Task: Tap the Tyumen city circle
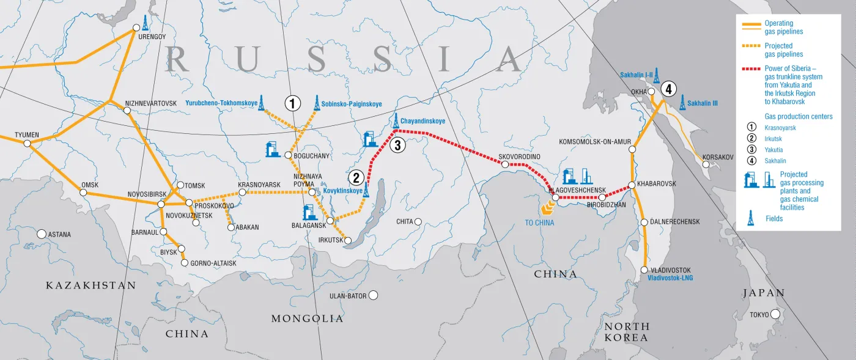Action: click(28, 143)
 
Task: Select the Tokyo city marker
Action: click(775, 315)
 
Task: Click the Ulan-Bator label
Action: click(347, 296)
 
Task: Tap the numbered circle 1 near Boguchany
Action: click(293, 103)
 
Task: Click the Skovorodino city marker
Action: click(505, 164)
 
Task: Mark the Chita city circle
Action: click(418, 221)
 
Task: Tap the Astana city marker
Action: click(41, 234)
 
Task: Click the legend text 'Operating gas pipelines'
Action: click(783, 28)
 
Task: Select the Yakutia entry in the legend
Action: click(774, 150)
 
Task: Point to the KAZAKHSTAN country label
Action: click(90, 285)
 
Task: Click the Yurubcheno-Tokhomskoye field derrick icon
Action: click(262, 103)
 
